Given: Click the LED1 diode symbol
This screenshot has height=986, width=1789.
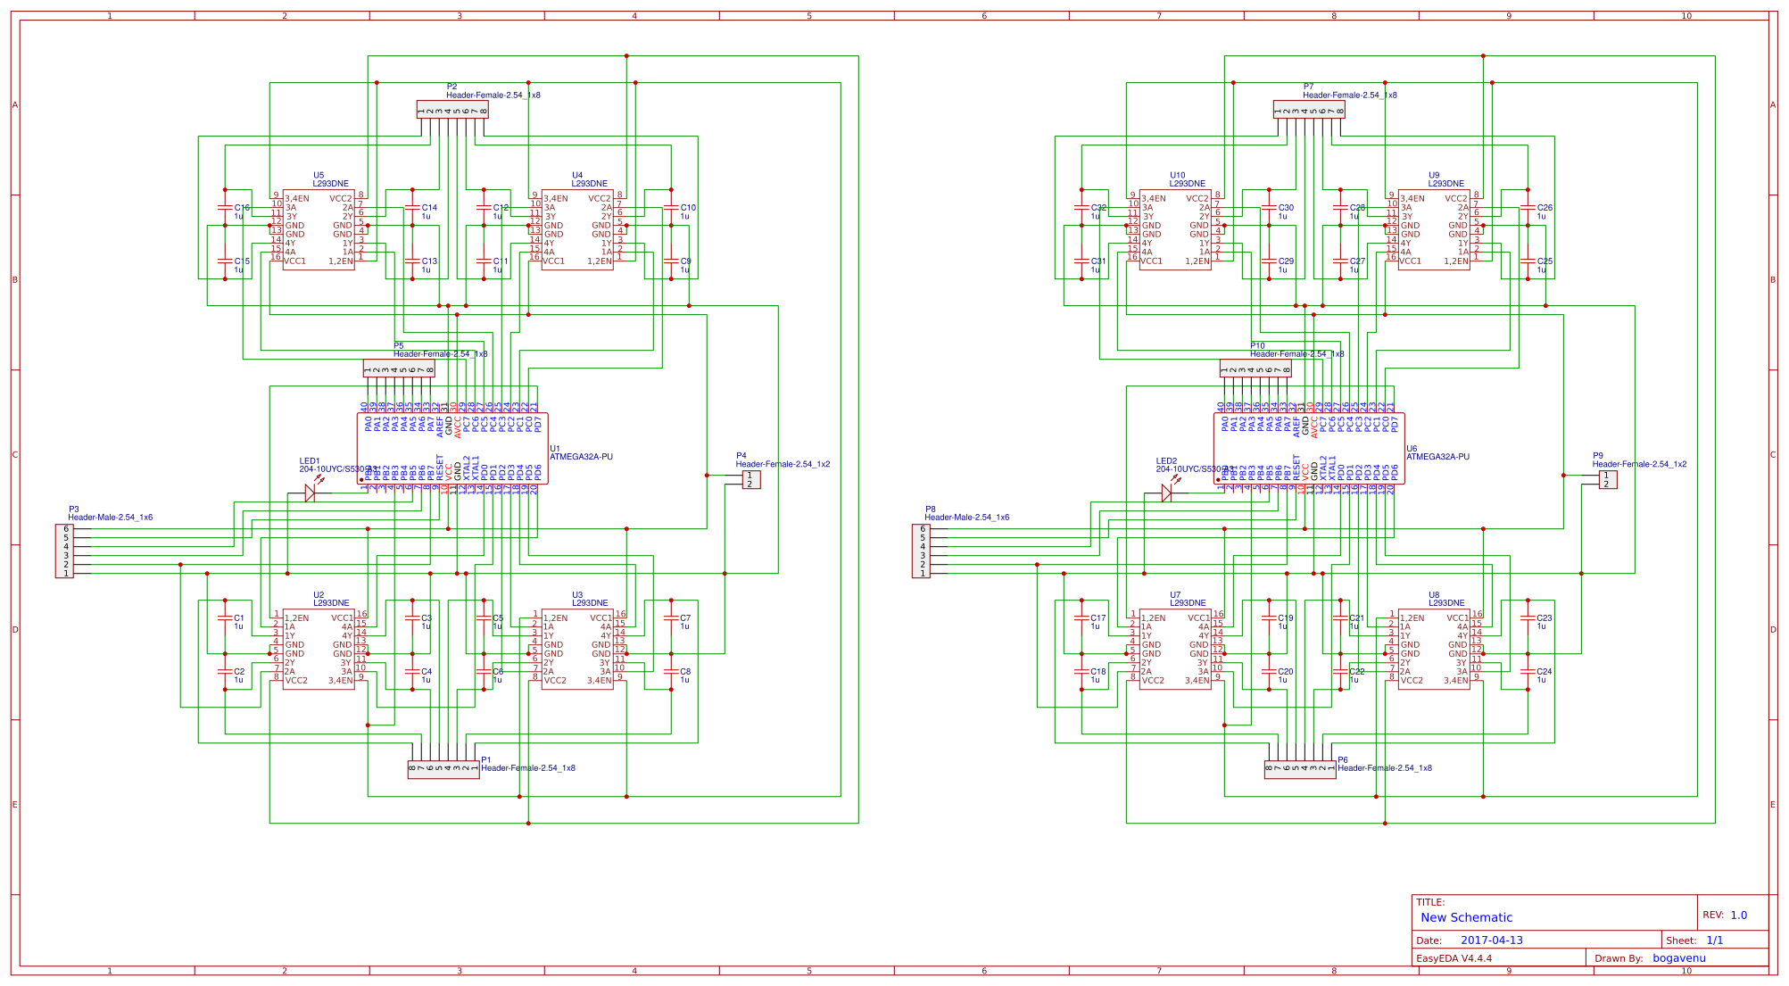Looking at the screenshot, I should (x=310, y=493).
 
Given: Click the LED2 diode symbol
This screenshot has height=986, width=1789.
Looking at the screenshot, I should (x=1166, y=493).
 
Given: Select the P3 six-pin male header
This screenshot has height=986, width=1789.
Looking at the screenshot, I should (x=64, y=551).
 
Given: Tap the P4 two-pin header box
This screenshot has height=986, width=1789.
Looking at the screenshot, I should (x=750, y=480).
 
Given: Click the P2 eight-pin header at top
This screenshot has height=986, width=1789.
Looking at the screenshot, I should (x=452, y=110).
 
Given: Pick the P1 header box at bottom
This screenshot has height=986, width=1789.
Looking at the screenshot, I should (x=443, y=769).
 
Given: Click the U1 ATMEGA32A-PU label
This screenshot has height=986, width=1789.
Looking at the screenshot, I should (x=581, y=457).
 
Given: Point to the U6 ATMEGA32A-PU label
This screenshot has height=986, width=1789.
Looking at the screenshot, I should (x=1437, y=457).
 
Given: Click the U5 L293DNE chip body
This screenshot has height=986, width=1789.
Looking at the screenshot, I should (x=319, y=229).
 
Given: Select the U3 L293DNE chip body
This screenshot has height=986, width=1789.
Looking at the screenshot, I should (x=577, y=649).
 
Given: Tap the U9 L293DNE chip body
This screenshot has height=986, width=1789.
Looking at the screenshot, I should (x=1434, y=229).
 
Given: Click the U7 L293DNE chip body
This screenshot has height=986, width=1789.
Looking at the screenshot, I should (x=1175, y=649).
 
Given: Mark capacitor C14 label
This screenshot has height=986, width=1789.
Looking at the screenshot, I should (x=429, y=208).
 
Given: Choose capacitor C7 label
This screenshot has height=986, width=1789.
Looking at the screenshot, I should (x=685, y=618).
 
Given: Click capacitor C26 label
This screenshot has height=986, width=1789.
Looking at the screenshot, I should (x=1545, y=208).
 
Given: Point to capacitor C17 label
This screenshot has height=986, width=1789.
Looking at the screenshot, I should (x=1097, y=618).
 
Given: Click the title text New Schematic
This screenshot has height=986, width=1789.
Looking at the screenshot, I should (x=1466, y=917).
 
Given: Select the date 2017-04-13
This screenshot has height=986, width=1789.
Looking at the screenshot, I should (x=1491, y=940).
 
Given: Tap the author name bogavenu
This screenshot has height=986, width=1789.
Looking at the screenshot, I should (x=1678, y=958).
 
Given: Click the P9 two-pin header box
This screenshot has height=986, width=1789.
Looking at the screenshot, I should (x=1607, y=480).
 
